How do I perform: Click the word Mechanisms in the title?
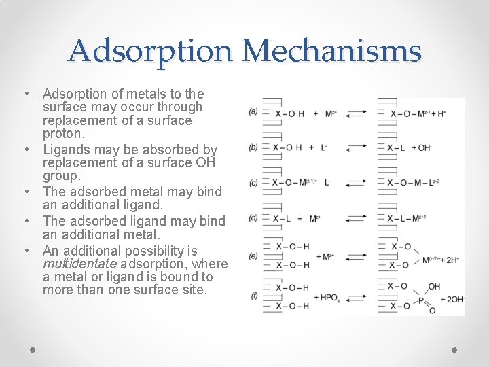click(331, 52)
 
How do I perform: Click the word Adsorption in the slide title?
click(151, 52)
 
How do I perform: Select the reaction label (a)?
click(253, 111)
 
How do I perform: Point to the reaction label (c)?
click(253, 182)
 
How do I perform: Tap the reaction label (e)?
click(253, 256)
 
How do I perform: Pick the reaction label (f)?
click(253, 296)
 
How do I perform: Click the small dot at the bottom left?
click(33, 349)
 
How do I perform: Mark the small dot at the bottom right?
click(455, 349)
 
